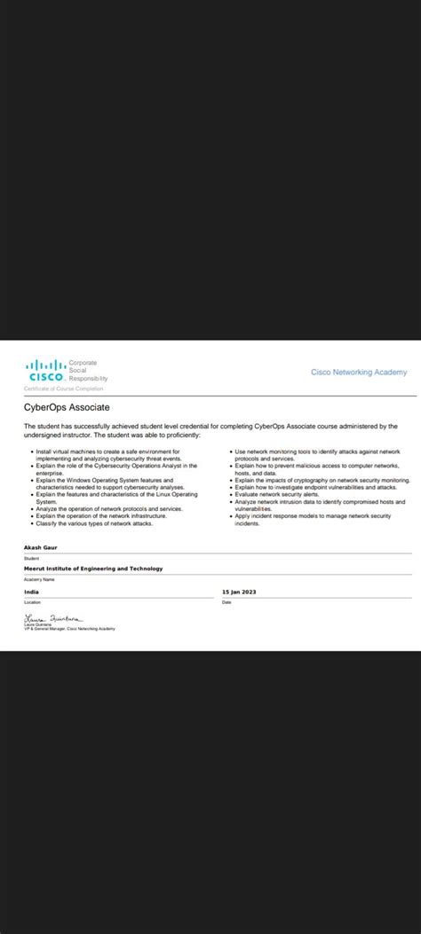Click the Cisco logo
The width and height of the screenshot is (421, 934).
click(x=44, y=370)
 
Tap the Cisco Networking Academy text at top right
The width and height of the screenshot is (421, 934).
click(x=359, y=373)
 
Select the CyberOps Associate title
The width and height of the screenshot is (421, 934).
click(x=67, y=406)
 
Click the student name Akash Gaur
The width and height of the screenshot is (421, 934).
click(x=41, y=548)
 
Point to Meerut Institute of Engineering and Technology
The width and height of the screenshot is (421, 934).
click(x=93, y=569)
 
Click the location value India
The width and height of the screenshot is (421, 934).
click(x=32, y=590)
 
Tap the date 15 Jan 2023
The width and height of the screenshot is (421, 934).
click(x=239, y=590)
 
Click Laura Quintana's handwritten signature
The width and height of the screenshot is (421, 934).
click(x=52, y=616)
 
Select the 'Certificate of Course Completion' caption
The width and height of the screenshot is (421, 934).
click(x=63, y=389)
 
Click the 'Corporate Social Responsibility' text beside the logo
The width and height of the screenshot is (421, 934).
click(x=87, y=371)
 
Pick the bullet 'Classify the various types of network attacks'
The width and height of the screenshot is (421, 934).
click(x=94, y=523)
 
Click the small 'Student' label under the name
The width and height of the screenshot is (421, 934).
click(x=32, y=558)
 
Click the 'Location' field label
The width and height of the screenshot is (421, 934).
click(x=33, y=601)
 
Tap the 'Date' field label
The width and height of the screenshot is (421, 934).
click(x=226, y=601)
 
